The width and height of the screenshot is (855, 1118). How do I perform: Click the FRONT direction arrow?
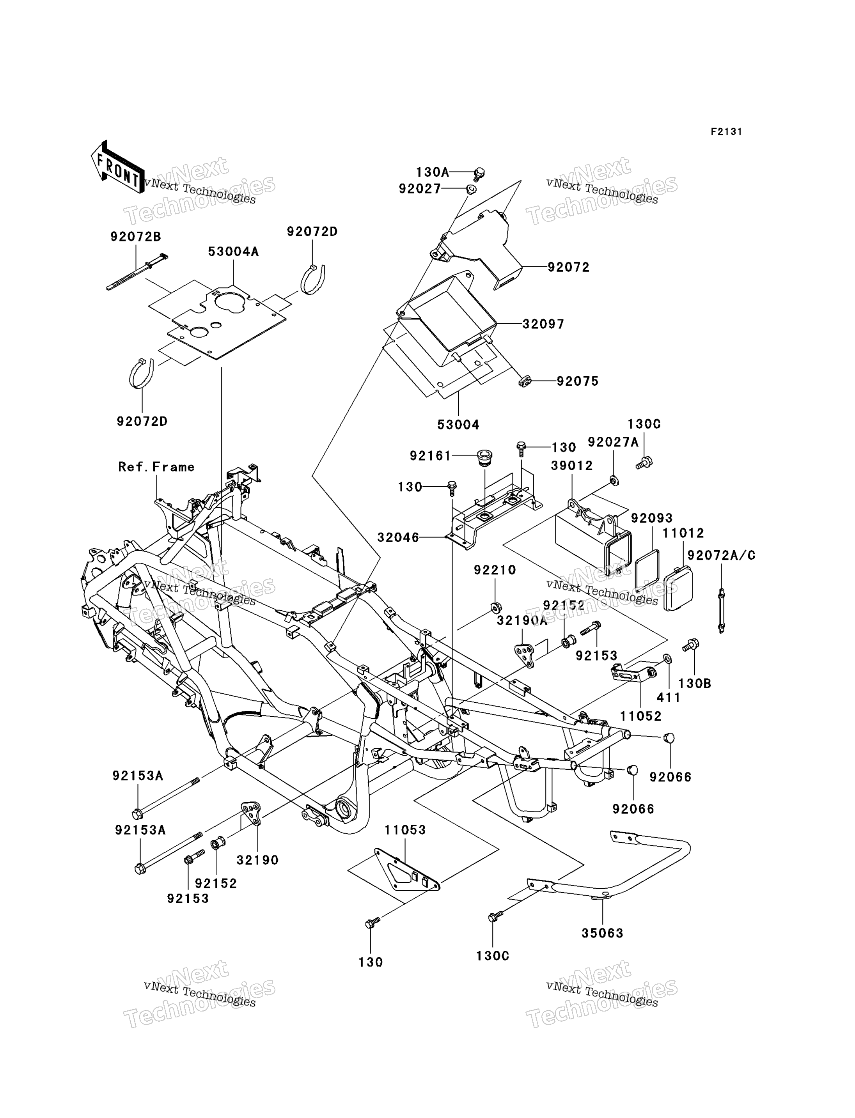(x=117, y=167)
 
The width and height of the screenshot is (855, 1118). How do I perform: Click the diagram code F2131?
(x=726, y=132)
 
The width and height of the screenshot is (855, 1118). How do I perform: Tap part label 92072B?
(x=135, y=237)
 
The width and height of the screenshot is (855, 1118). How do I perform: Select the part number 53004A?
(x=233, y=252)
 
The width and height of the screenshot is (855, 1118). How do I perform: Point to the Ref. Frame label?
(x=156, y=467)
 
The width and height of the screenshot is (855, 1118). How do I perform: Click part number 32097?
(x=543, y=324)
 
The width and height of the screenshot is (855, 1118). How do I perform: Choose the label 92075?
(x=577, y=381)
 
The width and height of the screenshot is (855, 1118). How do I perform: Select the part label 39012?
(x=571, y=466)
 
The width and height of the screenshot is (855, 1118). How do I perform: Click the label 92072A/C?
(x=721, y=556)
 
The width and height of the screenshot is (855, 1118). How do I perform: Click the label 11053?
(x=405, y=830)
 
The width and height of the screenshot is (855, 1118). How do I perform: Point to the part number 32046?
(x=399, y=537)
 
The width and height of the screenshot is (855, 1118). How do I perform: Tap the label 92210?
(x=495, y=571)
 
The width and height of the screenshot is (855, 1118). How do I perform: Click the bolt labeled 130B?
(x=692, y=645)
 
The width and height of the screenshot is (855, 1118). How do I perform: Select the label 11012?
(x=683, y=533)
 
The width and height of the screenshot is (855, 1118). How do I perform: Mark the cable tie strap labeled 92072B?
(x=137, y=272)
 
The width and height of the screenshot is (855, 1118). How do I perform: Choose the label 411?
(x=669, y=697)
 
